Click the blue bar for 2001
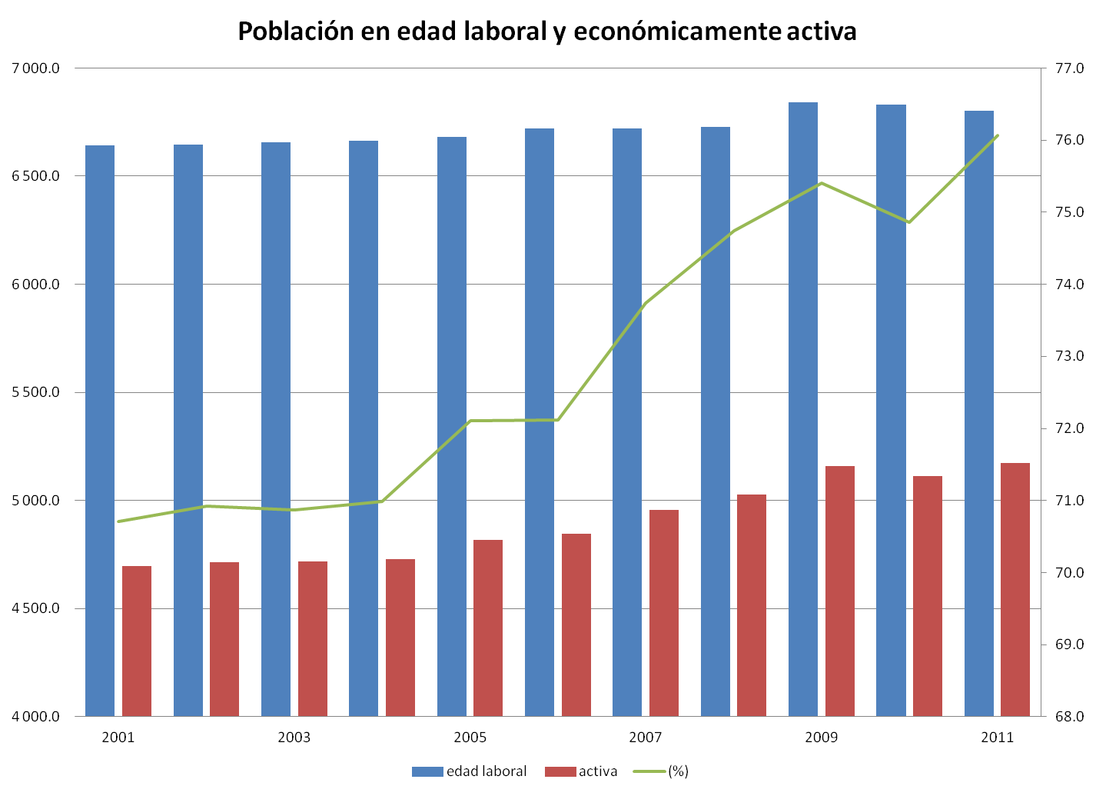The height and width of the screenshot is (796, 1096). pyautogui.click(x=100, y=431)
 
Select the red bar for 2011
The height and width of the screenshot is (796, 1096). pyautogui.click(x=1015, y=589)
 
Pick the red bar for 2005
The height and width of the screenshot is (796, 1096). pyautogui.click(x=488, y=628)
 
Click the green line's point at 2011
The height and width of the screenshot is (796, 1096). pyautogui.click(x=997, y=135)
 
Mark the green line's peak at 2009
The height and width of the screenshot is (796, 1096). pyautogui.click(x=821, y=183)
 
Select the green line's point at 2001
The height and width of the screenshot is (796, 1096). pyautogui.click(x=118, y=521)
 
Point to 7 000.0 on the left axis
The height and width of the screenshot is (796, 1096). pyautogui.click(x=36, y=68)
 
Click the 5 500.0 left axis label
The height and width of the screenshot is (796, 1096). pyautogui.click(x=36, y=392)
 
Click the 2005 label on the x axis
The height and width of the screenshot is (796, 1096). pyautogui.click(x=470, y=738)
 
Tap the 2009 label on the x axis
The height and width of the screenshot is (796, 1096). pyautogui.click(x=821, y=738)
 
